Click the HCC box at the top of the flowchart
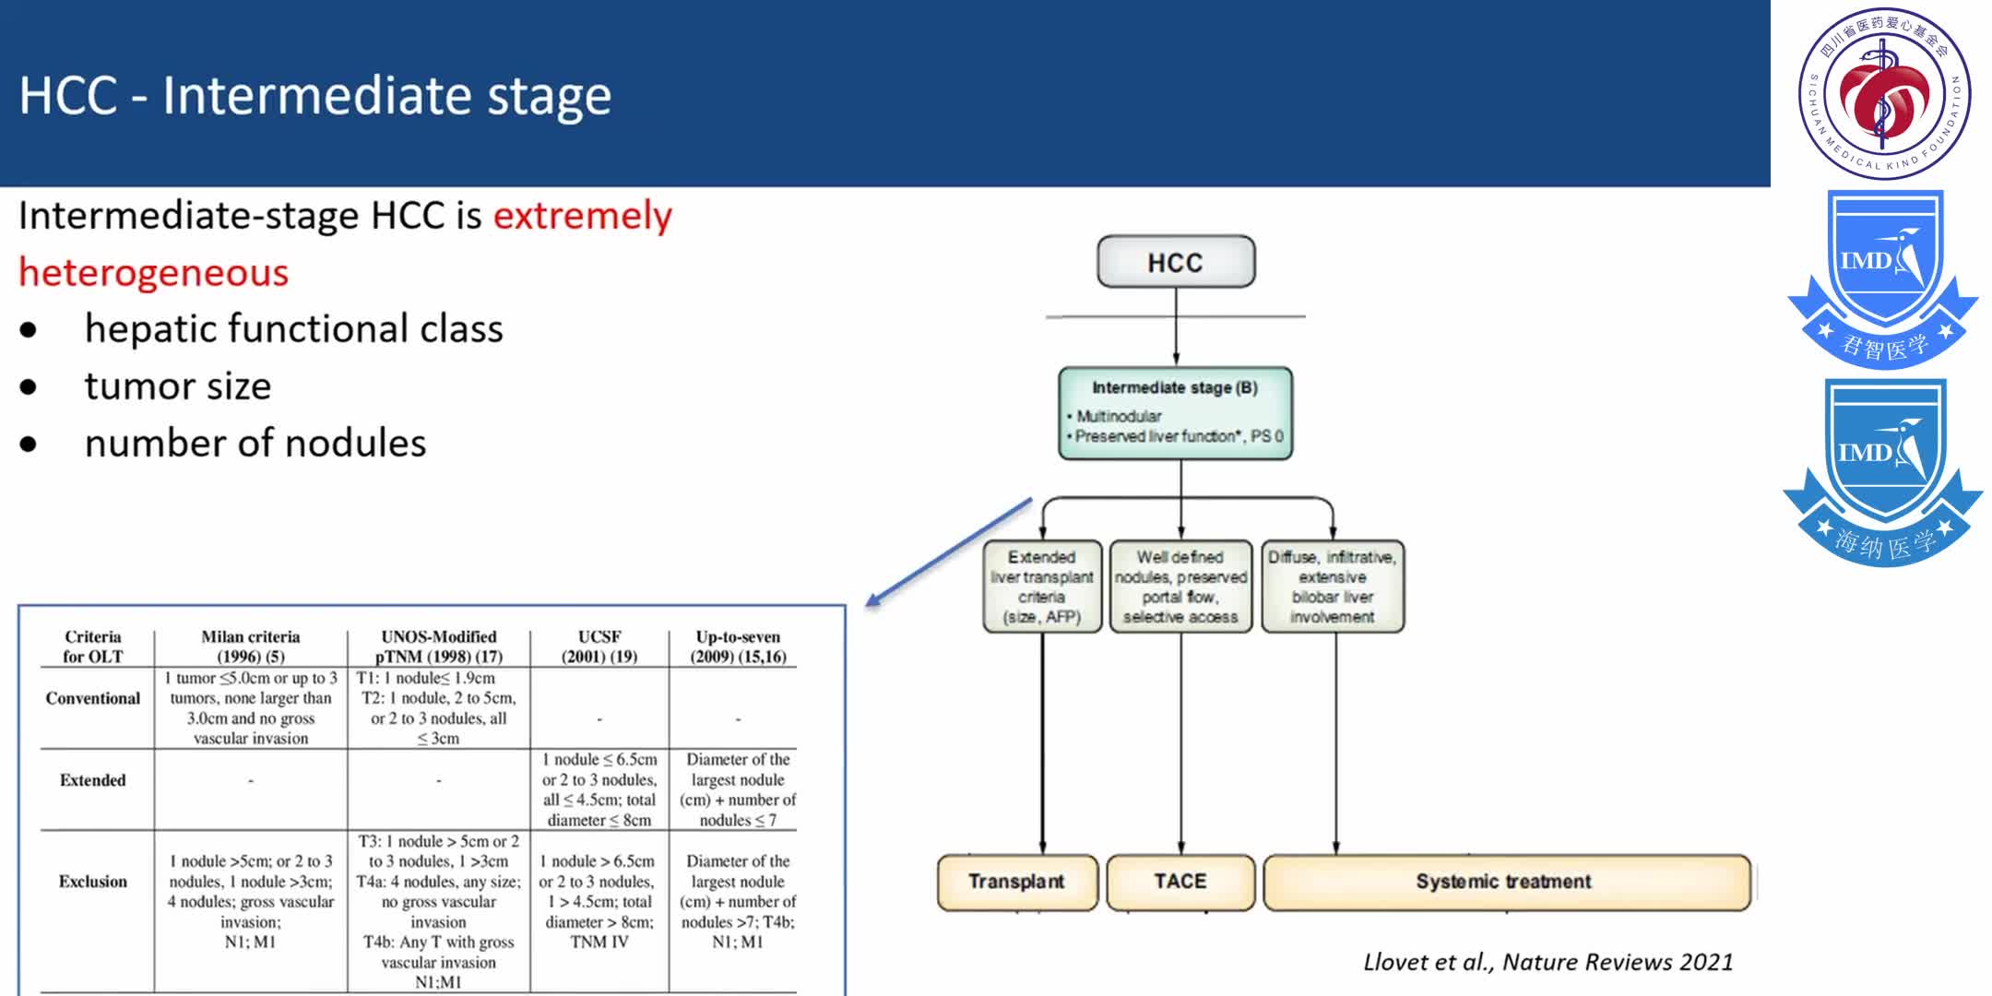[1175, 262]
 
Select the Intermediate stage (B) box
[1175, 412]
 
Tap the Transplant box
[1016, 882]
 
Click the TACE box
[1180, 882]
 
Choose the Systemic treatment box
[1505, 882]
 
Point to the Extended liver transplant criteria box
[1042, 587]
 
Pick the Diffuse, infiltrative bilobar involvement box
[1333, 587]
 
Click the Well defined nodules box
[1180, 587]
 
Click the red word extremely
[582, 216]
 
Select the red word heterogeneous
[153, 273]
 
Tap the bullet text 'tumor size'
[178, 386]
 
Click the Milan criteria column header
[250, 646]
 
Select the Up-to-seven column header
[738, 646]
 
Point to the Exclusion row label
[93, 882]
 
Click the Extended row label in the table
[93, 780]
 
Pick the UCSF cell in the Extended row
[599, 789]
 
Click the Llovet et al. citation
[1548, 962]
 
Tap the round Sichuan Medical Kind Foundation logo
[1883, 93]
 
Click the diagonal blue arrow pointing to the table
[949, 552]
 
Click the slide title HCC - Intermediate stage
[315, 96]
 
